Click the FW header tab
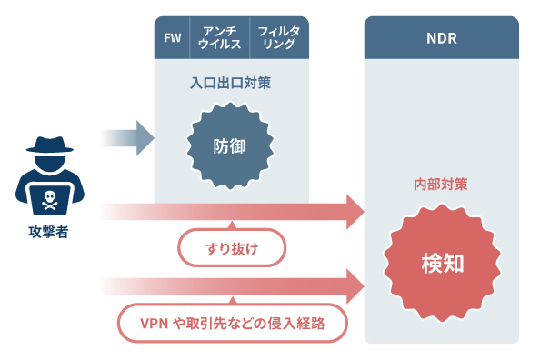171,37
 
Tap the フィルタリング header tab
277,37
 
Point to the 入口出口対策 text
230,83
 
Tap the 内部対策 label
441,185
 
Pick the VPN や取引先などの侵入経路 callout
233,321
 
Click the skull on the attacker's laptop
47,195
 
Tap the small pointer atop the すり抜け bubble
232,225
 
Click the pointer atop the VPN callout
232,300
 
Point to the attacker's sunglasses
47,161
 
